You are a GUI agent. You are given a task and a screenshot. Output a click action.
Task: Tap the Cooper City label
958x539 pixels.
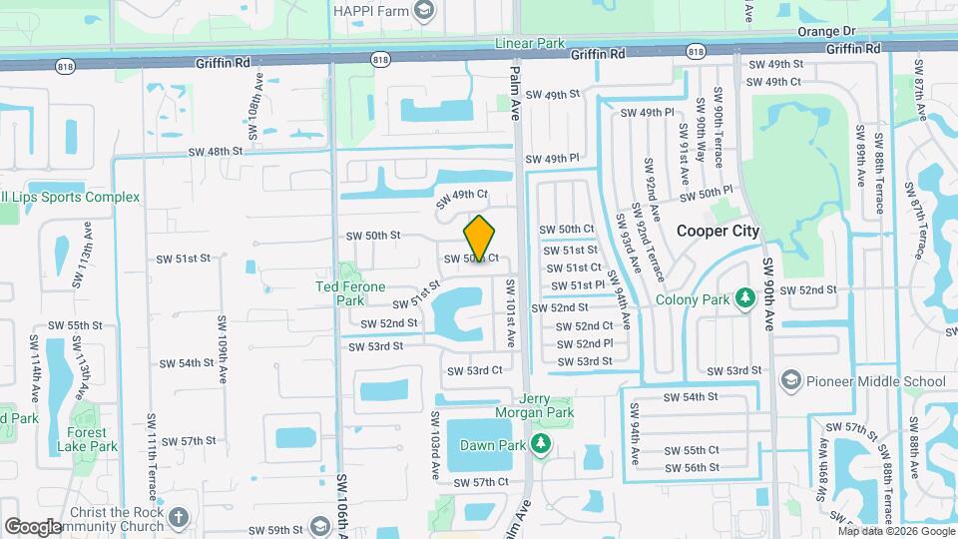pos(718,231)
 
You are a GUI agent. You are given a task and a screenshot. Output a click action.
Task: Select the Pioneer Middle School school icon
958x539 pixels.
pos(791,380)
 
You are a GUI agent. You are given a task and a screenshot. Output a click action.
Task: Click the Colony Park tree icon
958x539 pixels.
pos(743,297)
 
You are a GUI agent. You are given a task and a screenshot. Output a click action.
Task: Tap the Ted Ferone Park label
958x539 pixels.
pos(350,293)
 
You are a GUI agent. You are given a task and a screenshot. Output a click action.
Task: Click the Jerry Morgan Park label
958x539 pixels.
pos(534,404)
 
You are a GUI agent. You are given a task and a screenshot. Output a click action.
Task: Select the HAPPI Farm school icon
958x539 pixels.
pos(424,10)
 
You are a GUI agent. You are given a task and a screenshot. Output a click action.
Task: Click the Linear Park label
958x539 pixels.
pos(530,44)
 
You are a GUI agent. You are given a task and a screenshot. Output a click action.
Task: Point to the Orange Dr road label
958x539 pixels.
pos(822,31)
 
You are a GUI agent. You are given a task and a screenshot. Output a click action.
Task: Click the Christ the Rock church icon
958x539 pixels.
pos(178,517)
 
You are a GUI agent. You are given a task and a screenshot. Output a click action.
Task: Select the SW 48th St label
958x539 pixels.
pos(216,152)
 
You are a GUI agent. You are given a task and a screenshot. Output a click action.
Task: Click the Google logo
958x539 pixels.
pos(34,526)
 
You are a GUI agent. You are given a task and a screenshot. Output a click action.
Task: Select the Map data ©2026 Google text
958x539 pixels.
pos(892,531)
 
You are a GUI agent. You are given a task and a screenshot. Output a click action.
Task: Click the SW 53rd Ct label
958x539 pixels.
pos(474,370)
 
